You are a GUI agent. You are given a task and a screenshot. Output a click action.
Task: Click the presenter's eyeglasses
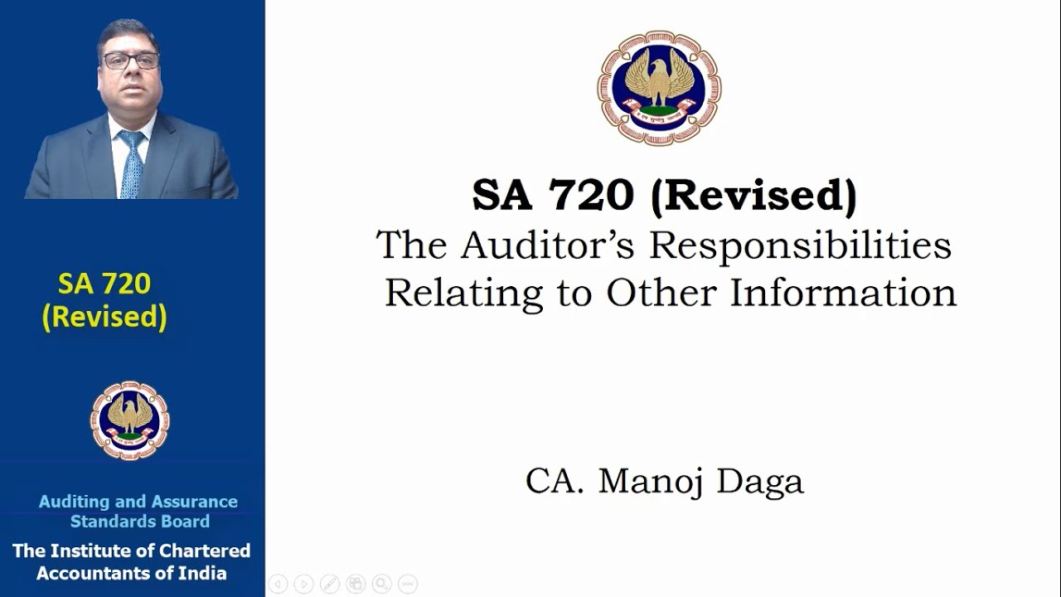(x=131, y=61)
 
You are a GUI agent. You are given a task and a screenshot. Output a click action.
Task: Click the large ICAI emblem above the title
(x=659, y=88)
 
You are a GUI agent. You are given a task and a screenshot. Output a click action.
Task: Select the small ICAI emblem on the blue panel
(x=129, y=420)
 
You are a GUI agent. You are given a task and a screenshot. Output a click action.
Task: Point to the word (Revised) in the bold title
(x=753, y=195)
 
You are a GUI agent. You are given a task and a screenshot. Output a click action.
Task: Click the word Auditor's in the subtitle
(x=549, y=245)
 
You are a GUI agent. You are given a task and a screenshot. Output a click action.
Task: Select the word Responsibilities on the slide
(x=800, y=245)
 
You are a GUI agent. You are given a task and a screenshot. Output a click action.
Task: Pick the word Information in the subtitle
(x=842, y=293)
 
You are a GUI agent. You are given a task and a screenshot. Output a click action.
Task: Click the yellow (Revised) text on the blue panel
(x=104, y=317)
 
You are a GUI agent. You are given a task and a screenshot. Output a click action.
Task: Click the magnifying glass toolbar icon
(x=381, y=584)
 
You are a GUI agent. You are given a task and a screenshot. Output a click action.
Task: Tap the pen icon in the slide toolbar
(x=329, y=584)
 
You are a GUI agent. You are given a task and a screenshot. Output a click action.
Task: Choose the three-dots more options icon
(x=408, y=584)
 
